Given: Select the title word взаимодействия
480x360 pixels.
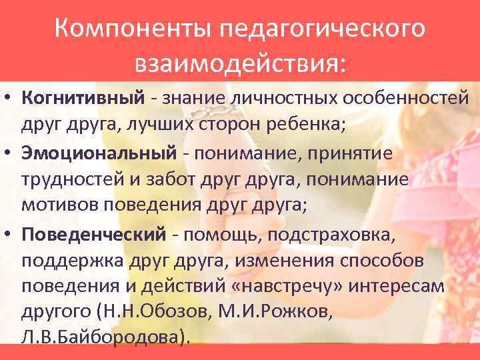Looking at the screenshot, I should click(x=240, y=65).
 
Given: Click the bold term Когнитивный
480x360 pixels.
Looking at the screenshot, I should click(x=83, y=99).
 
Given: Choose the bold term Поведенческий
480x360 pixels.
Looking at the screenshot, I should click(x=93, y=234).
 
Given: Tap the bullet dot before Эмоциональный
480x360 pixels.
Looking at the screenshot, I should click(x=10, y=154).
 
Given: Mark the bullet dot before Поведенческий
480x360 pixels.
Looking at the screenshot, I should click(x=10, y=235).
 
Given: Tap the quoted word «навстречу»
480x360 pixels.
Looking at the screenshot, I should click(x=278, y=287).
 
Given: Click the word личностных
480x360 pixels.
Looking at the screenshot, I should click(x=283, y=99).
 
